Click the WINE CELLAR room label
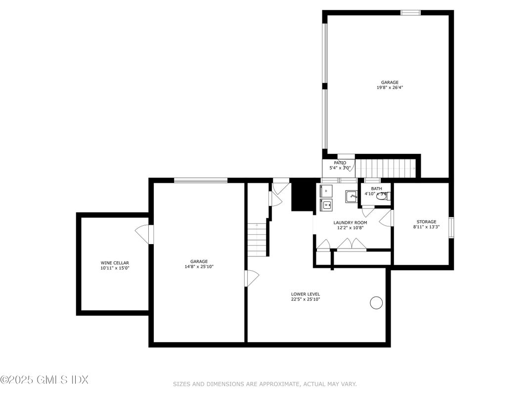[x=114, y=263]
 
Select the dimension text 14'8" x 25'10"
[x=199, y=266]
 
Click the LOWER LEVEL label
[x=305, y=294]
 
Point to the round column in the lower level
[x=376, y=302]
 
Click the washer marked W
[x=327, y=204]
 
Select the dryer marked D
[x=327, y=190]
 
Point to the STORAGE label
[x=426, y=222]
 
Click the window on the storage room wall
[x=451, y=227]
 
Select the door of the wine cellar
[x=143, y=234]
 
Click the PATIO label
[x=340, y=163]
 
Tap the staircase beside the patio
[x=386, y=168]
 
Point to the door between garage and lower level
[x=252, y=278]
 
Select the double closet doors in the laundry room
[x=352, y=244]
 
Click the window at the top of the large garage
[x=410, y=12]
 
